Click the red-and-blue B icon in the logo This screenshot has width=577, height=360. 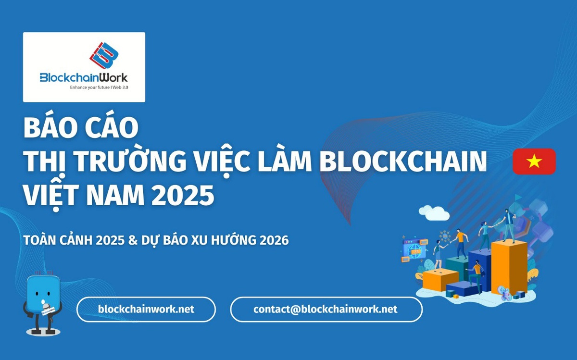[104, 56]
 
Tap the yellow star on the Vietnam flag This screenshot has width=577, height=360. [534, 161]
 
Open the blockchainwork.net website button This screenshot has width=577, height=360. [146, 309]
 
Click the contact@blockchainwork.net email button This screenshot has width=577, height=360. [326, 309]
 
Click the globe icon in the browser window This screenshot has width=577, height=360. [414, 249]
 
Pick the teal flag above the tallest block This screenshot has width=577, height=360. [517, 198]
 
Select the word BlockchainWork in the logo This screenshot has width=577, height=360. [84, 77]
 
